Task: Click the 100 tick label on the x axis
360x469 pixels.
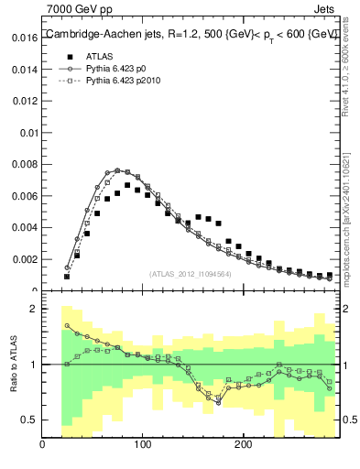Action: click(x=142, y=445)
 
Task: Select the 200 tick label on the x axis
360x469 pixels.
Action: click(x=242, y=445)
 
